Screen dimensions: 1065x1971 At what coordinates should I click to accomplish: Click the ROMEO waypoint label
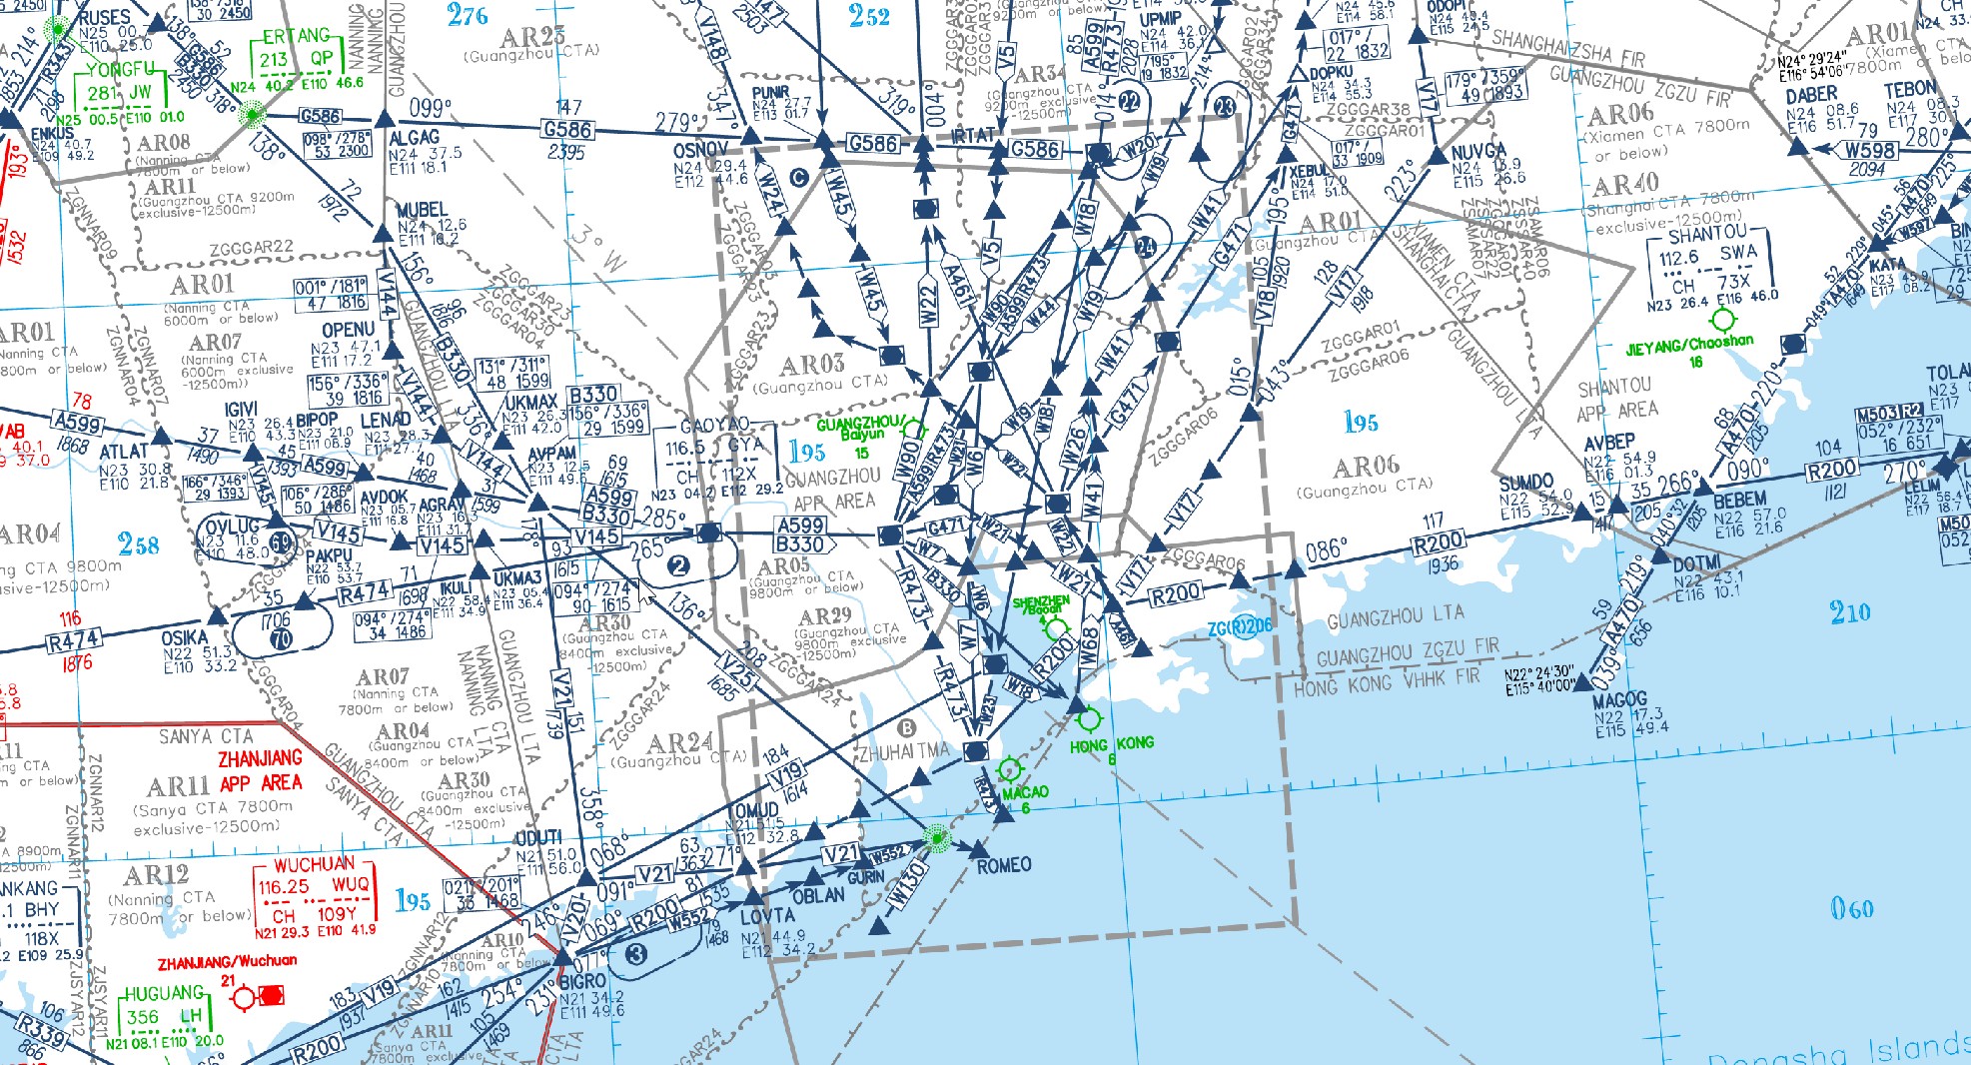1004,865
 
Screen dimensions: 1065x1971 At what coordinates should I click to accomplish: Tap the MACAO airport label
1025,793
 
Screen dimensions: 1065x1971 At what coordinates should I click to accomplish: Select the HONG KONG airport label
1111,744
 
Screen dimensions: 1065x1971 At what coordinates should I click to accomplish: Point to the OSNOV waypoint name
700,150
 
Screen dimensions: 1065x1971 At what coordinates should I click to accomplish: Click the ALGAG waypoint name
414,138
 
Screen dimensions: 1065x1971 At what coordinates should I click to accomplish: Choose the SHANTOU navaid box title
1707,234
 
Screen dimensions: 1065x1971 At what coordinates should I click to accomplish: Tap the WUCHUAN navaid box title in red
314,865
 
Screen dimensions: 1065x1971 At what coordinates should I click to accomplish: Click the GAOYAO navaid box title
714,426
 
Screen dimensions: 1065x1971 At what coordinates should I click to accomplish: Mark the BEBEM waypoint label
1739,500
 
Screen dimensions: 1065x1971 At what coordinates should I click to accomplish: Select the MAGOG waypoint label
1619,699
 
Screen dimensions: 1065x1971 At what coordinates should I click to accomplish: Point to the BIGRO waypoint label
581,982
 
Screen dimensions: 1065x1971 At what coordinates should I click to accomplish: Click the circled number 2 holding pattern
678,565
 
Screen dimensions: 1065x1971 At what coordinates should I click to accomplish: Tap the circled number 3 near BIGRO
635,954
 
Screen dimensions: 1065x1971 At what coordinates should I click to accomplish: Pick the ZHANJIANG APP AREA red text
260,771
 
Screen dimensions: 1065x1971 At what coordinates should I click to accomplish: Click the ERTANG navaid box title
296,37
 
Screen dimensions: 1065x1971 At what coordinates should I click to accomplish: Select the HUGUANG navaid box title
164,993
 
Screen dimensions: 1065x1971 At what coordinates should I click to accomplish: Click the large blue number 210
1849,612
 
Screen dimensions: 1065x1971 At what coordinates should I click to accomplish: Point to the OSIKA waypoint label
185,637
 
